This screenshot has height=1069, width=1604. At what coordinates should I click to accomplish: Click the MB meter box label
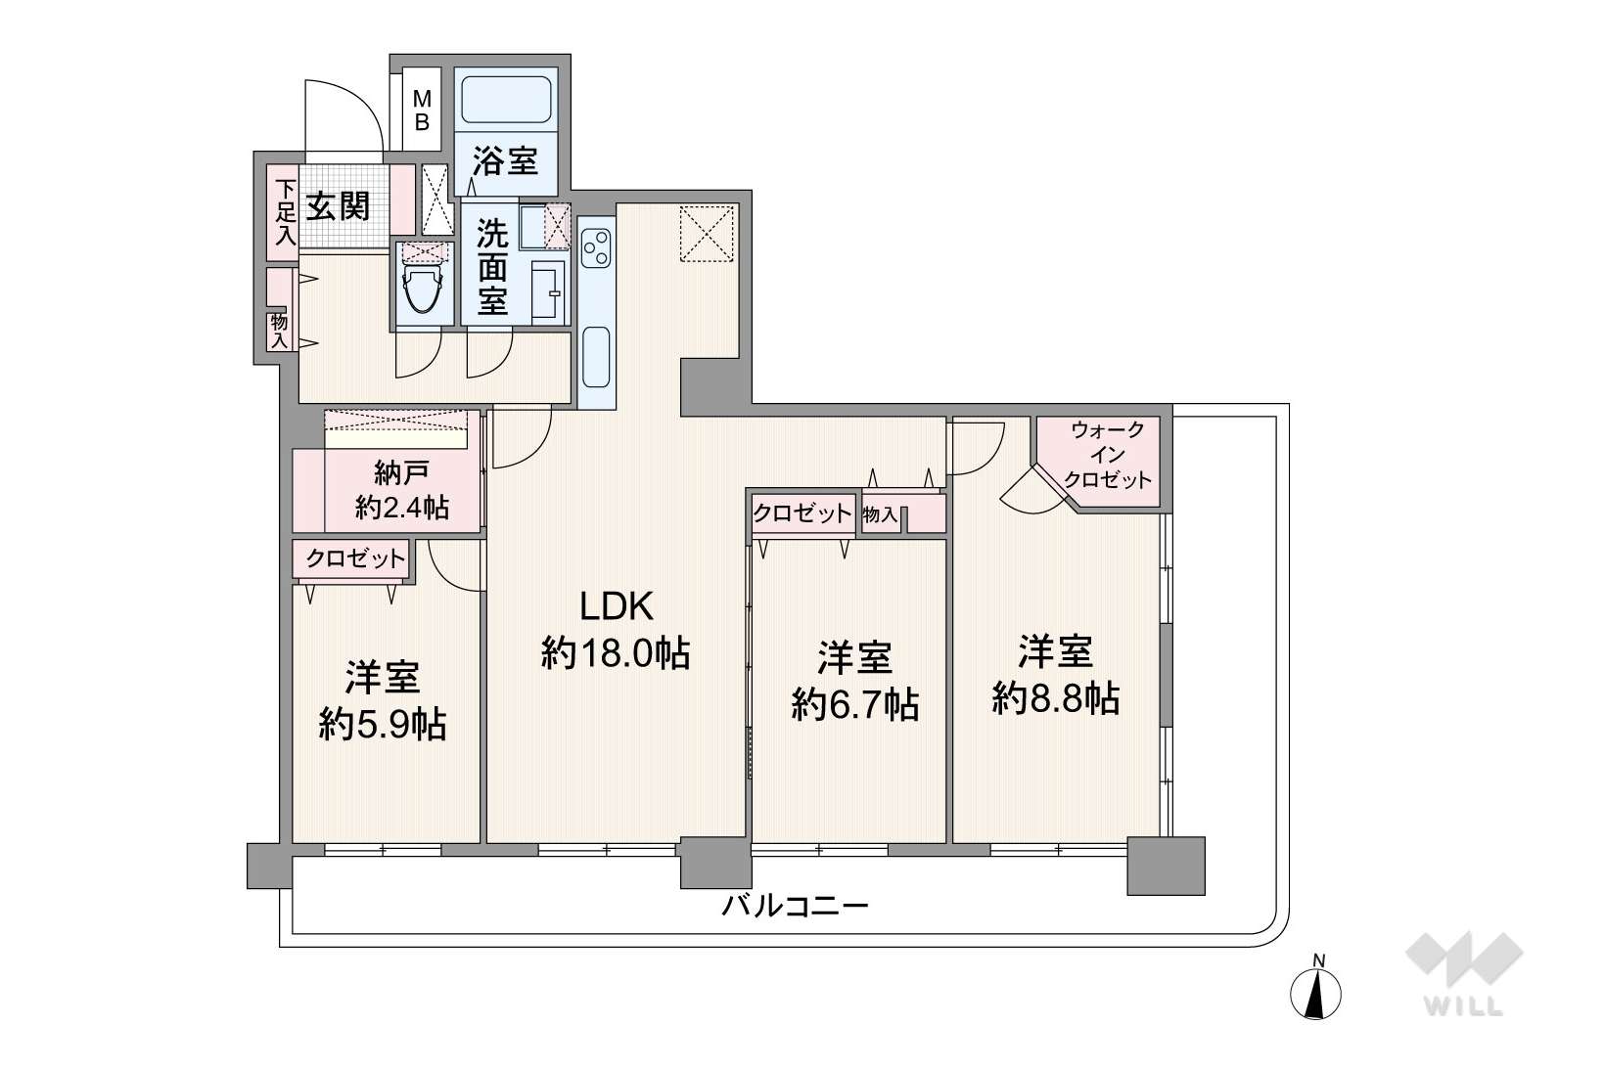(x=422, y=111)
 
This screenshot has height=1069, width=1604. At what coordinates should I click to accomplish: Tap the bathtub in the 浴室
(x=506, y=100)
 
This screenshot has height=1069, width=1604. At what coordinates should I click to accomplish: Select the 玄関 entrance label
(x=338, y=206)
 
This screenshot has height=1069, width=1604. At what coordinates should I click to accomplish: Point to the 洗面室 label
(x=492, y=267)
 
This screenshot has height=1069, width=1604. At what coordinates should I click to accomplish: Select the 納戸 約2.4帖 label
(x=401, y=490)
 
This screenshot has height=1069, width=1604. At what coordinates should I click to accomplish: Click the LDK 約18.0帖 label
(x=616, y=631)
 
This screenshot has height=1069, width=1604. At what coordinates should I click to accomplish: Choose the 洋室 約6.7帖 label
(x=855, y=681)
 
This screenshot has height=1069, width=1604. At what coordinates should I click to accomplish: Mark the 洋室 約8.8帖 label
(x=1056, y=675)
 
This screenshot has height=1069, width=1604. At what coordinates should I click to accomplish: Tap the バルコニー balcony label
(x=795, y=907)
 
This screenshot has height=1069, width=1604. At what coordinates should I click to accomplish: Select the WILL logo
(x=1464, y=972)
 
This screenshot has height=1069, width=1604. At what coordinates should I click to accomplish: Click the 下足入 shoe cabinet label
(x=286, y=212)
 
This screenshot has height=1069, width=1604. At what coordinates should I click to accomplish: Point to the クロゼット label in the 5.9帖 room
(x=355, y=558)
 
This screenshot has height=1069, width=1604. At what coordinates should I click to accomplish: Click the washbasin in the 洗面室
(x=548, y=292)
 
